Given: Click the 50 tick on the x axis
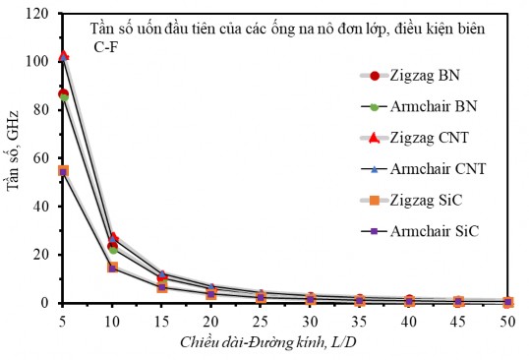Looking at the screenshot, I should (x=508, y=322).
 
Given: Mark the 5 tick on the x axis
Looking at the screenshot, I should (x=64, y=322).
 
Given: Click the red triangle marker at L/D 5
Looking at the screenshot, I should (x=64, y=55).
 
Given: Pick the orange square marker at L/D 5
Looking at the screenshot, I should (x=64, y=171).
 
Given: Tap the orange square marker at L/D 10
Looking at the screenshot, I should (x=113, y=267).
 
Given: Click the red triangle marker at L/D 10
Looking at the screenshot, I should (x=113, y=237).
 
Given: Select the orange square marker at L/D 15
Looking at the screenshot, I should (x=162, y=286).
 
